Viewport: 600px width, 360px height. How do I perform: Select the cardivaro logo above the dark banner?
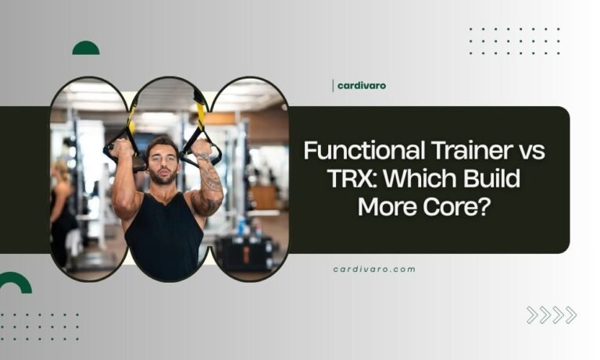(359, 86)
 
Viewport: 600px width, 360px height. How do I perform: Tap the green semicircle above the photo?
(86, 48)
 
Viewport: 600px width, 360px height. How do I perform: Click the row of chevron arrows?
(551, 315)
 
